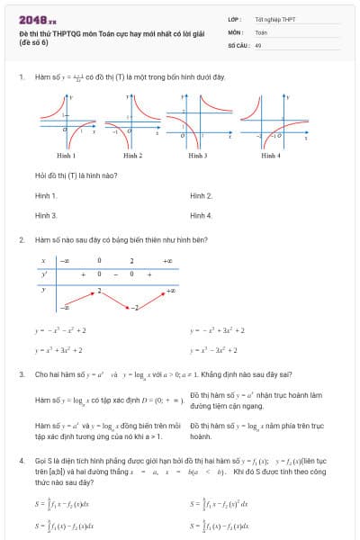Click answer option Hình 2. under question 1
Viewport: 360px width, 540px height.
(x=202, y=195)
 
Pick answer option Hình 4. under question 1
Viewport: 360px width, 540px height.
(x=202, y=216)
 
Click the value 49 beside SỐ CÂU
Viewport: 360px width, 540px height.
(x=258, y=43)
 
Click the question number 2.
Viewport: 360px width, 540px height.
(x=21, y=240)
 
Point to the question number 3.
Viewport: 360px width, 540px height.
(x=21, y=373)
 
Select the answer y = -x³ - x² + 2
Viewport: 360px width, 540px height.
(x=60, y=330)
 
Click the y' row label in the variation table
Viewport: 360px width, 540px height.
(x=43, y=273)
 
